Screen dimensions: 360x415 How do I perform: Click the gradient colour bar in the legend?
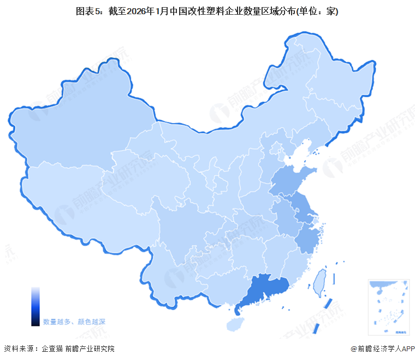35,306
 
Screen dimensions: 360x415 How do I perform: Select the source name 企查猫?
52,349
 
